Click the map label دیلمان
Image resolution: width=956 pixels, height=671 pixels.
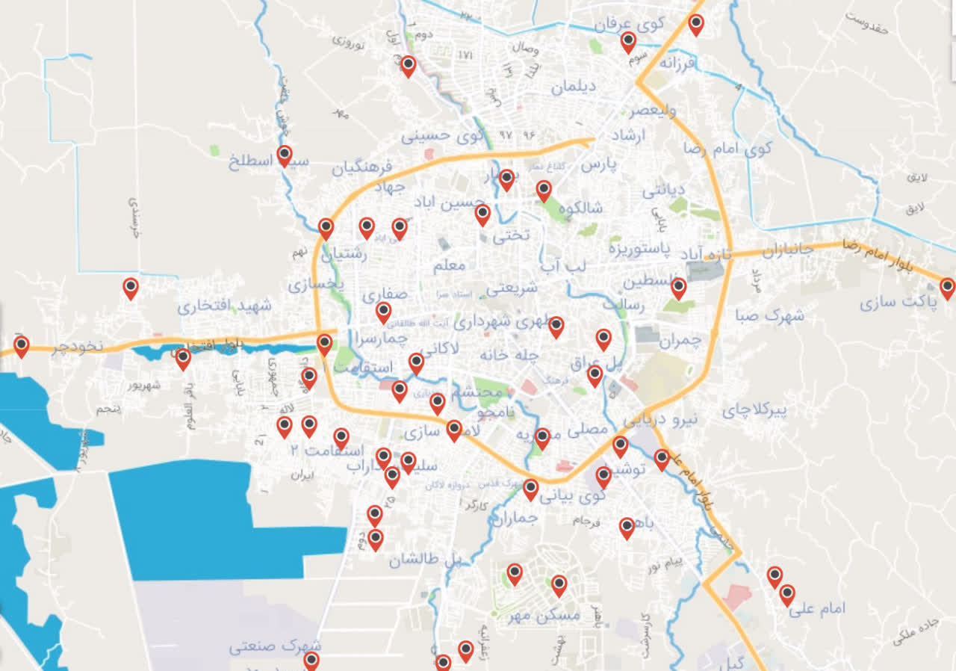click(574, 87)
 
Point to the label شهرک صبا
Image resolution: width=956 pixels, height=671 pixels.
click(769, 315)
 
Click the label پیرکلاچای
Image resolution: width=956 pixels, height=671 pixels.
click(755, 410)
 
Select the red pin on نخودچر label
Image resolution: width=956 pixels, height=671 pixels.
click(22, 345)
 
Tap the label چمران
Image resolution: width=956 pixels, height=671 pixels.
click(681, 341)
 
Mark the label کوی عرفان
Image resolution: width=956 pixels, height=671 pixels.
click(630, 24)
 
